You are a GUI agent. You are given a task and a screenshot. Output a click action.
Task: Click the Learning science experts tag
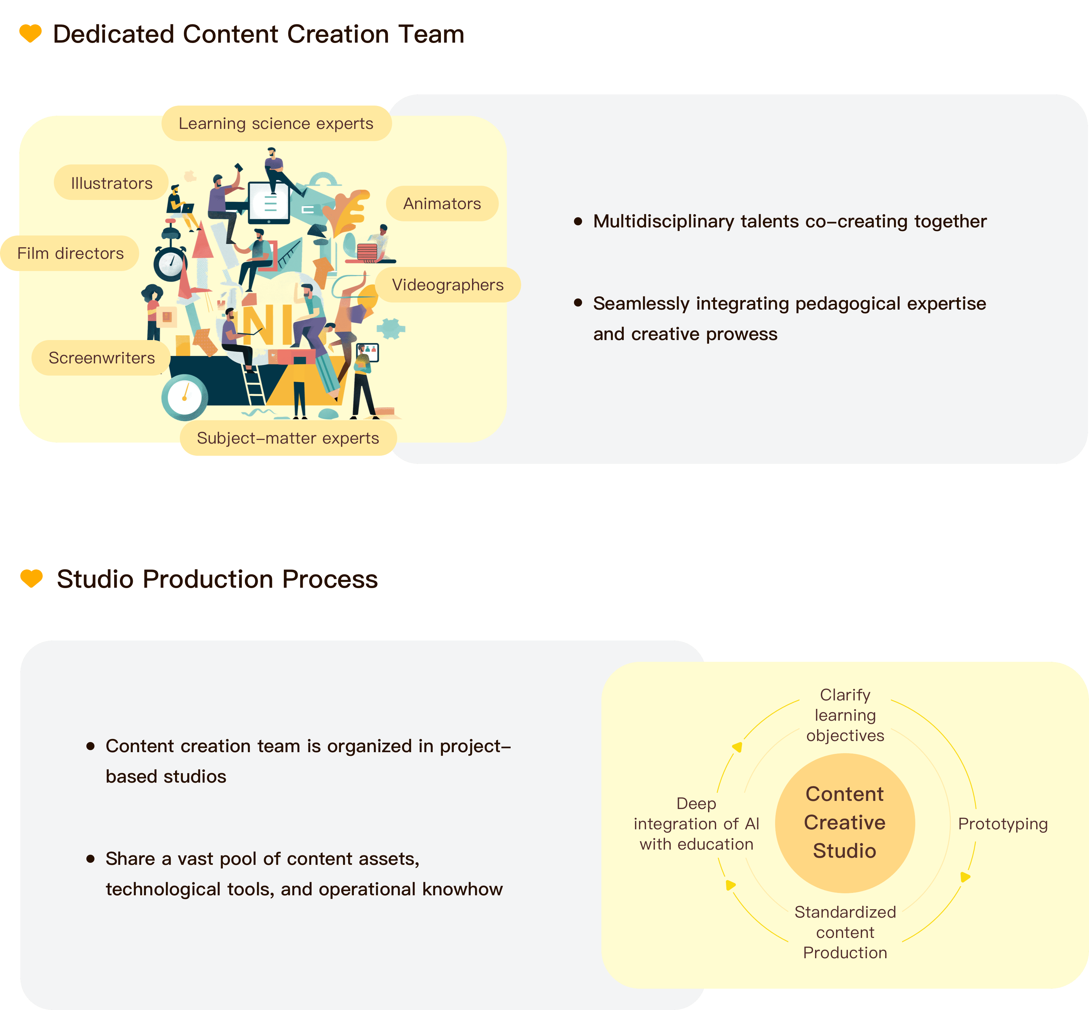(276, 124)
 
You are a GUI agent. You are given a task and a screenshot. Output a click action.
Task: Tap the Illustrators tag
(112, 183)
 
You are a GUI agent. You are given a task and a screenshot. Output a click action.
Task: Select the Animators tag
(442, 204)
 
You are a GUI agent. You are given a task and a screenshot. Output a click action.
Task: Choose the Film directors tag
(70, 253)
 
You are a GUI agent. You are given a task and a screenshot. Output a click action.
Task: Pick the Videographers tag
(447, 285)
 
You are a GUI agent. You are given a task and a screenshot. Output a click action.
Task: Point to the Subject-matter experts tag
(288, 438)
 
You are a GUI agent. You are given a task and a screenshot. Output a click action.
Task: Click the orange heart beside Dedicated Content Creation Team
(30, 33)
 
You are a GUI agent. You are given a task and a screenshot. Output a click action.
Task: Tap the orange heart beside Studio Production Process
(31, 578)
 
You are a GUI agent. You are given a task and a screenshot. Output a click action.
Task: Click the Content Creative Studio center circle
(845, 823)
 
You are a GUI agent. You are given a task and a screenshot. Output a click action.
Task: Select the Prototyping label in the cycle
(1003, 824)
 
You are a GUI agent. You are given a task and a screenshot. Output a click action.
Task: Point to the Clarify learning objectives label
(845, 715)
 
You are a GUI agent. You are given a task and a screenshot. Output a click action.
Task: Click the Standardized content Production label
(845, 933)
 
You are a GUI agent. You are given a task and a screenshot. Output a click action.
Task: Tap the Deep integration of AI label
(696, 824)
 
